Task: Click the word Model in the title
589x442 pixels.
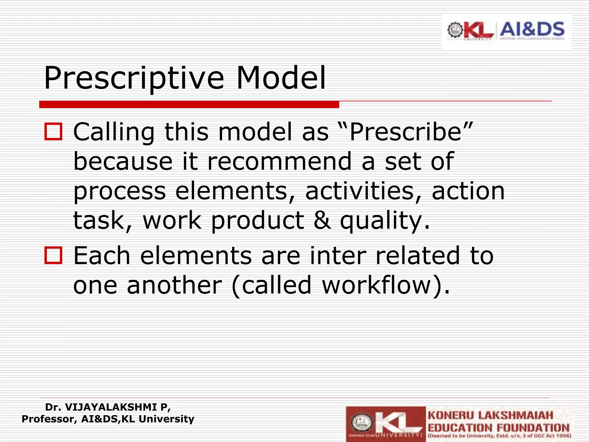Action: (281, 78)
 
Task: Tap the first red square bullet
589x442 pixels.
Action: (53, 132)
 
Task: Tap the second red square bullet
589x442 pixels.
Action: (53, 255)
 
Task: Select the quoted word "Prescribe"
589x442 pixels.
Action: (406, 132)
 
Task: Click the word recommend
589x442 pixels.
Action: (279, 161)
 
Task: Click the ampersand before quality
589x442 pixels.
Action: (322, 220)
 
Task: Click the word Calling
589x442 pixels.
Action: (114, 132)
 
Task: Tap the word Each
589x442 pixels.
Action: (102, 255)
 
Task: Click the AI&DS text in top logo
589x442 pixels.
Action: (532, 29)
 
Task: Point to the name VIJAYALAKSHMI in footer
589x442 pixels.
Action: (112, 407)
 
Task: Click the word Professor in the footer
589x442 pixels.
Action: (49, 419)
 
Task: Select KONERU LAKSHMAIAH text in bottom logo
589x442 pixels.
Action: (490, 416)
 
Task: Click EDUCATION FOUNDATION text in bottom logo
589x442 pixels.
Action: (498, 428)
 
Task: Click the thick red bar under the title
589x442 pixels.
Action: (189, 104)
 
